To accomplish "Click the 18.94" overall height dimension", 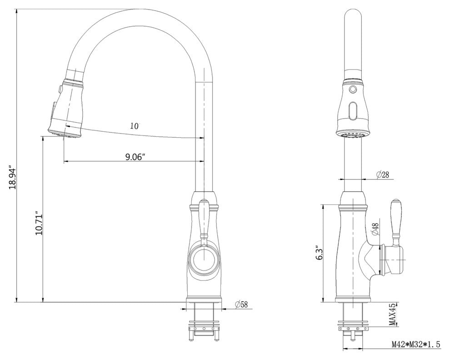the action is click(x=13, y=177).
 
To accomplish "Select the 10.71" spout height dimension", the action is click(x=39, y=225).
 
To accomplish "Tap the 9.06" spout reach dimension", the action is click(x=135, y=157).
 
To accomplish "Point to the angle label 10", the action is click(x=134, y=126).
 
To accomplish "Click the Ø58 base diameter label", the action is click(x=241, y=305).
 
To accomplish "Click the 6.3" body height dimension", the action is click(x=319, y=253).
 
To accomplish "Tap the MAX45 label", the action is click(x=392, y=315).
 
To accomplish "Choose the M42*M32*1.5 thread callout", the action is click(x=416, y=344).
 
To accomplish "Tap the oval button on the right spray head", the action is click(x=352, y=110).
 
